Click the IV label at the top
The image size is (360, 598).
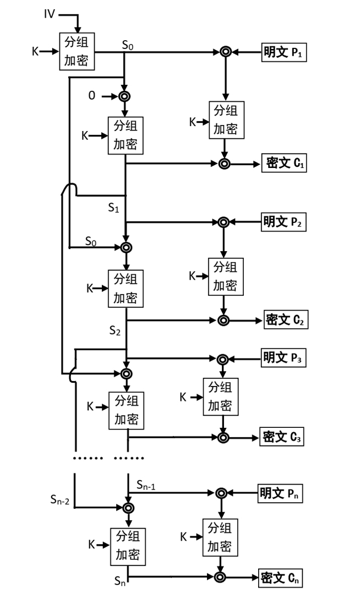click(50, 14)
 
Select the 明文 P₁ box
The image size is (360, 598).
click(283, 52)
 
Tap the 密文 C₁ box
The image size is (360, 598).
click(284, 163)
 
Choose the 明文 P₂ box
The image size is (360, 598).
click(283, 221)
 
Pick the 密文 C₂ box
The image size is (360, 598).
click(286, 319)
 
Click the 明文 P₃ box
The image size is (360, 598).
click(283, 358)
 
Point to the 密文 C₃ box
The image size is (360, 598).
click(282, 437)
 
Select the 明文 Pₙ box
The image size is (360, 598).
click(280, 493)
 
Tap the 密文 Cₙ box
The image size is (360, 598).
click(280, 578)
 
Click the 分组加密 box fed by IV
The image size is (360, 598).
click(77, 52)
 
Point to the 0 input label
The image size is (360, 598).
click(92, 95)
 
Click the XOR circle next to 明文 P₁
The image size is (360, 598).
click(226, 52)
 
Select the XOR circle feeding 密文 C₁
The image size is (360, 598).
click(225, 164)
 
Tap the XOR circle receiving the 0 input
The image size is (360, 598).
click(124, 96)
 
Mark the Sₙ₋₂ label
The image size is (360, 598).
click(60, 499)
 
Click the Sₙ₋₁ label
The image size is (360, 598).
click(146, 485)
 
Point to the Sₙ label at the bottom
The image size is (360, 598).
click(120, 581)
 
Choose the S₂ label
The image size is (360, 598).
click(115, 330)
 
